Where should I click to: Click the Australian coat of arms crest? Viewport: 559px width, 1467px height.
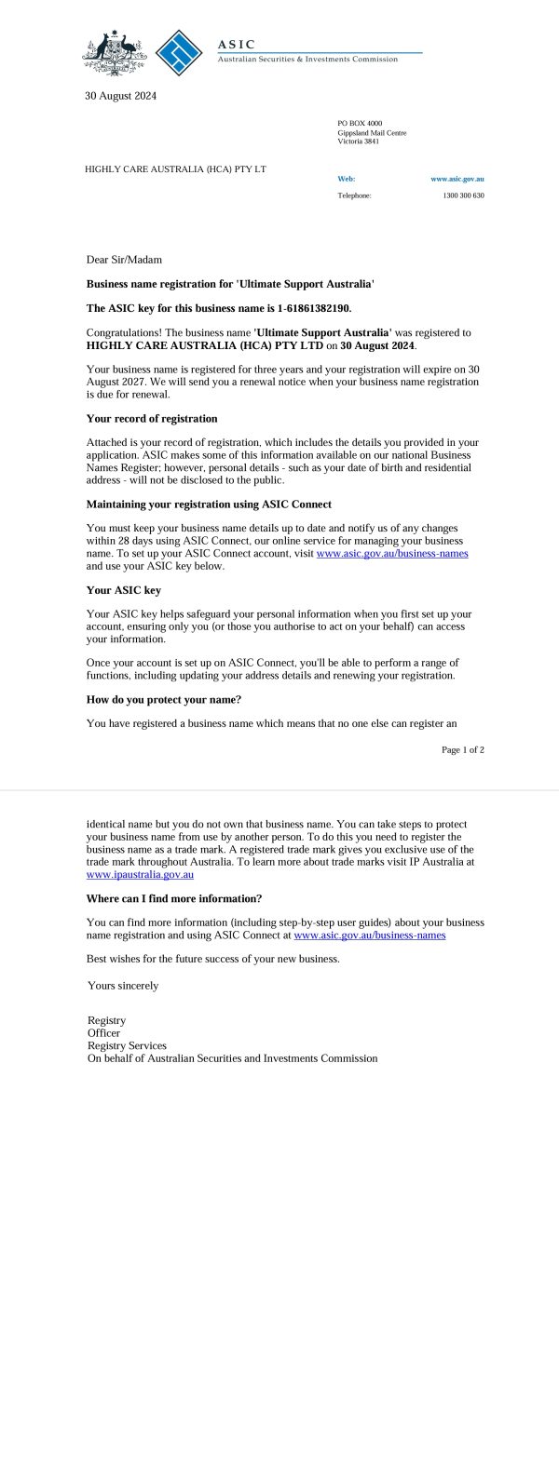click(x=114, y=53)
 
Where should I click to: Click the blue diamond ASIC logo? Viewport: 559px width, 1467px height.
click(x=179, y=53)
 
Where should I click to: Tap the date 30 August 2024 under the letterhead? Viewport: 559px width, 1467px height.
click(x=120, y=95)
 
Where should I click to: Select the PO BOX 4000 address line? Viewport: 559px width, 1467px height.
click(x=360, y=124)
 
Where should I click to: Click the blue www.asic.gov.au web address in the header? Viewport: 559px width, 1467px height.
click(x=457, y=179)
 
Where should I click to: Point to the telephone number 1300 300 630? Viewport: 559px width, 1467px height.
click(x=463, y=195)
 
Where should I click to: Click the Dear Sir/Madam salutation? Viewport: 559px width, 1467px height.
click(x=124, y=260)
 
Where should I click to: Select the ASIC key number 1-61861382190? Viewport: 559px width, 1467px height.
click(x=314, y=308)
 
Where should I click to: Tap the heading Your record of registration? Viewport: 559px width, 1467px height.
click(x=152, y=419)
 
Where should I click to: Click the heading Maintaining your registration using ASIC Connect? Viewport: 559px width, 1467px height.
click(x=209, y=505)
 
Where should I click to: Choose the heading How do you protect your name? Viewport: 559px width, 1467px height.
click(x=164, y=699)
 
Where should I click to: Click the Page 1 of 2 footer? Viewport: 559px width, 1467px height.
click(x=462, y=749)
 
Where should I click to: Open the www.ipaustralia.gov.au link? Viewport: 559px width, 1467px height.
click(x=140, y=875)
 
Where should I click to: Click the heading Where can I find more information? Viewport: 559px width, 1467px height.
click(x=174, y=898)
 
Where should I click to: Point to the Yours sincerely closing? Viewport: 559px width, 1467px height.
click(x=123, y=985)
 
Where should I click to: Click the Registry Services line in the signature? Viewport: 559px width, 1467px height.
click(x=127, y=1045)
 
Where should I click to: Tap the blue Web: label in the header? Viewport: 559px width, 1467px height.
click(x=346, y=179)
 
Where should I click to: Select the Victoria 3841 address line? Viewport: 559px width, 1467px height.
click(x=358, y=141)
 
